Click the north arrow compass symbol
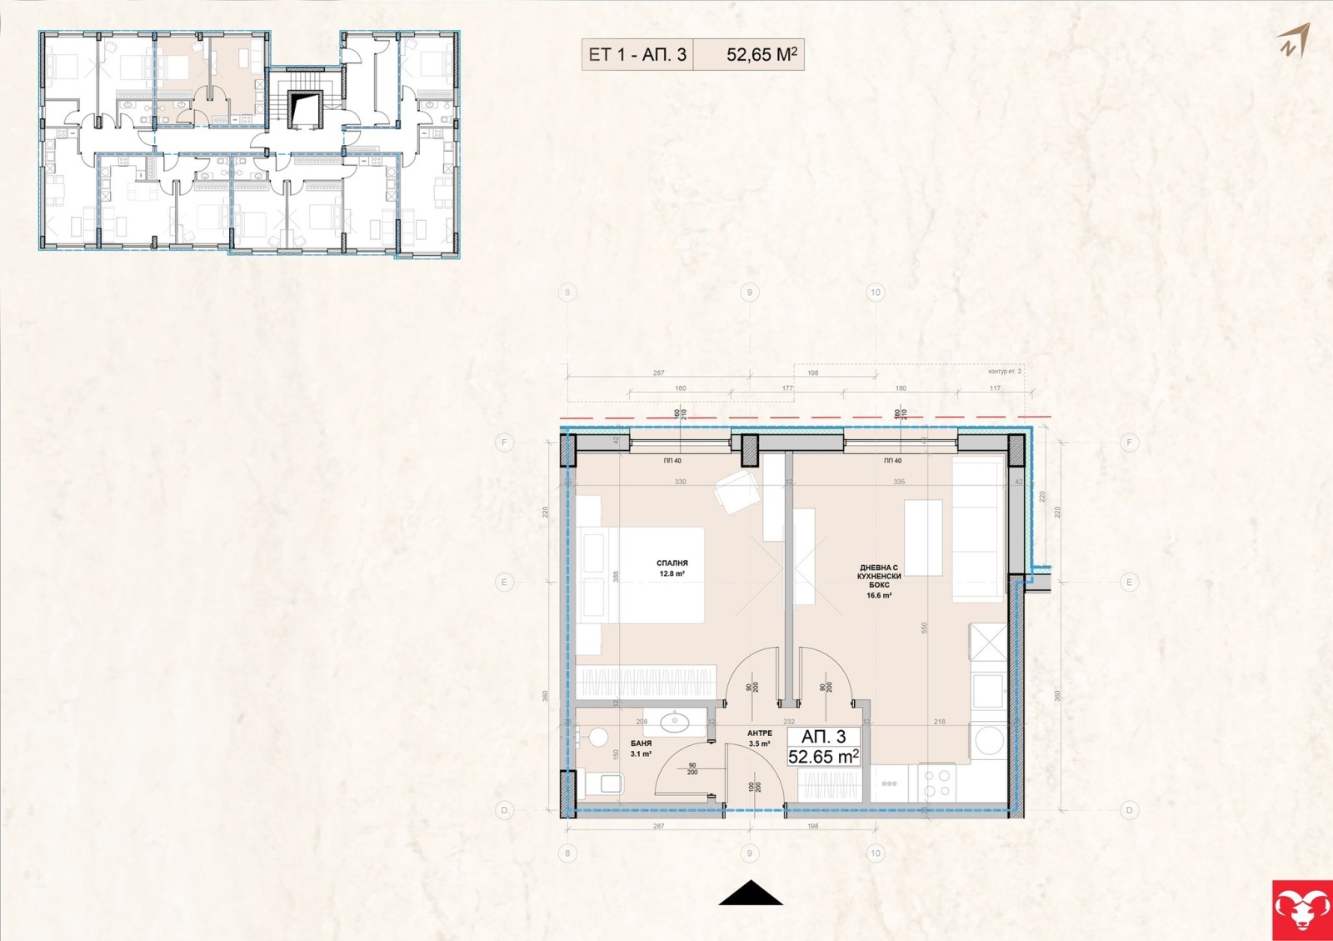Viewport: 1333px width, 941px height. tap(1295, 40)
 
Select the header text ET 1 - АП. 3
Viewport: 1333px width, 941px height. tap(637, 55)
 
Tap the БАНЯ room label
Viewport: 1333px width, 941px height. tap(641, 743)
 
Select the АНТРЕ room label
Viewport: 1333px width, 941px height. tap(759, 733)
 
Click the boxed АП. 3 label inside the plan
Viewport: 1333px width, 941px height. tap(824, 737)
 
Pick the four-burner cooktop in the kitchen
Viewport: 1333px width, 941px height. tap(937, 782)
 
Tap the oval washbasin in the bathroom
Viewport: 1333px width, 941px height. tap(672, 721)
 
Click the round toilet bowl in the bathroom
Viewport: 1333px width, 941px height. tap(597, 737)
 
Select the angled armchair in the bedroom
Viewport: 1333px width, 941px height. tap(736, 490)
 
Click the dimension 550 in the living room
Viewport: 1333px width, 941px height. tap(924, 628)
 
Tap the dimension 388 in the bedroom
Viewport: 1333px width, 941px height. tap(616, 576)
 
